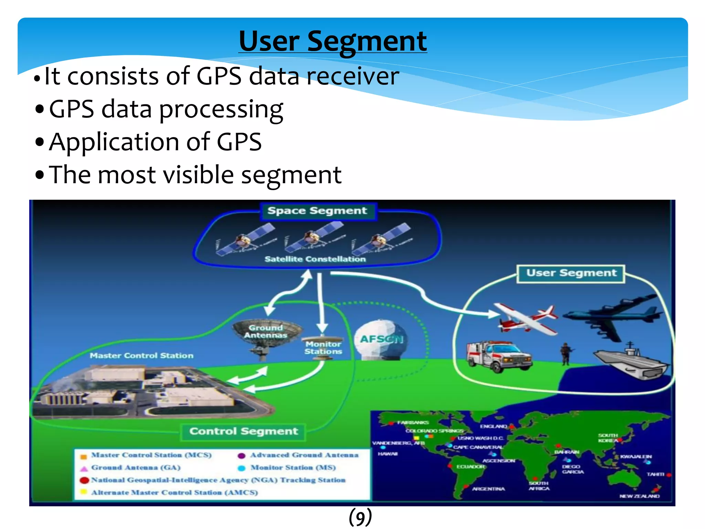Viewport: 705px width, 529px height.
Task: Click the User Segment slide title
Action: click(x=333, y=41)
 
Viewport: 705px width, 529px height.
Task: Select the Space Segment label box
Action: click(x=317, y=211)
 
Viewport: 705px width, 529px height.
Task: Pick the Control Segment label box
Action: click(x=243, y=432)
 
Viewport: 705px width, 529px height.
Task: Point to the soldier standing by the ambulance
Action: click(x=565, y=354)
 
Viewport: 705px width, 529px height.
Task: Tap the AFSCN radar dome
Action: click(x=381, y=340)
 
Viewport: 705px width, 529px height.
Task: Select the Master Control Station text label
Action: click(x=141, y=356)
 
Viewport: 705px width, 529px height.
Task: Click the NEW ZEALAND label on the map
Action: click(x=639, y=496)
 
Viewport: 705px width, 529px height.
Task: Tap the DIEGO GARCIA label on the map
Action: click(x=572, y=469)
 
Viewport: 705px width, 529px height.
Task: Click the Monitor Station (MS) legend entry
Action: click(x=293, y=468)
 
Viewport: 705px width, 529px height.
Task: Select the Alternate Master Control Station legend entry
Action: click(x=174, y=492)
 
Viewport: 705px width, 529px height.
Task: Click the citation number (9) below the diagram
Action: click(x=360, y=517)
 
